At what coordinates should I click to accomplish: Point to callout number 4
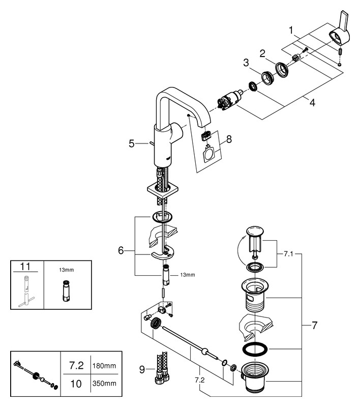tap(312, 102)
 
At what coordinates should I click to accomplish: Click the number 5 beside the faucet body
tap(132, 143)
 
